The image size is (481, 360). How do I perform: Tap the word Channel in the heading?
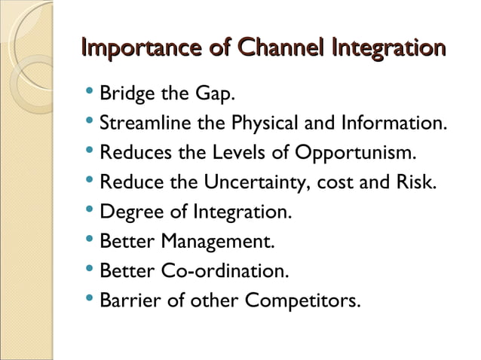[x=278, y=50]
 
